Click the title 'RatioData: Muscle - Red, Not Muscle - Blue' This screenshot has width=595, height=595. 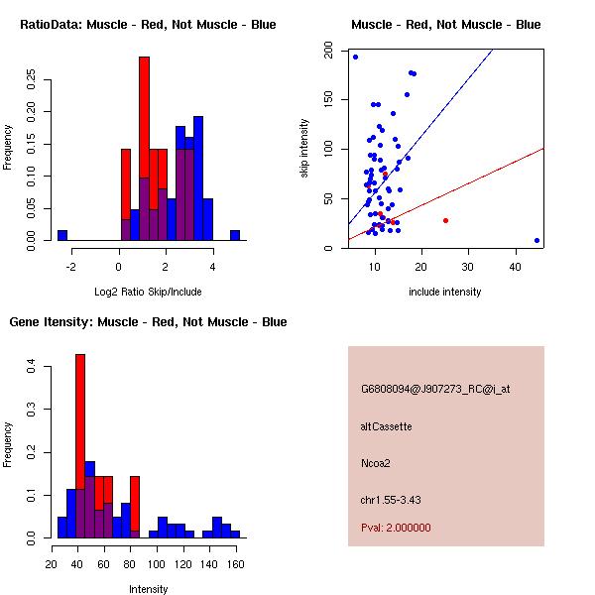[x=148, y=24]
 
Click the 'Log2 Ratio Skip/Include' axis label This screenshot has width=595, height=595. [x=147, y=292]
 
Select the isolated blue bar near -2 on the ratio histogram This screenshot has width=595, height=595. [x=62, y=235]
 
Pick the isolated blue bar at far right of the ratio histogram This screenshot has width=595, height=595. [x=235, y=235]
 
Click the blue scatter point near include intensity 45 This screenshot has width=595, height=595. [x=536, y=240]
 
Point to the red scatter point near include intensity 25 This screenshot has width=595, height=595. [x=445, y=220]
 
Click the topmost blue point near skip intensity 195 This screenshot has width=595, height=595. [x=355, y=57]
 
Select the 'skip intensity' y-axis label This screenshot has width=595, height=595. [x=304, y=149]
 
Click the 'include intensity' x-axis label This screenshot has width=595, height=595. [x=445, y=292]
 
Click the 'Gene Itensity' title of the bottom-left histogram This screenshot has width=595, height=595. [x=148, y=322]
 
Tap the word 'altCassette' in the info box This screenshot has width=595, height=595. [x=387, y=426]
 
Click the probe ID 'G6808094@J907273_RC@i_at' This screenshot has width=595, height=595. [x=435, y=390]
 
